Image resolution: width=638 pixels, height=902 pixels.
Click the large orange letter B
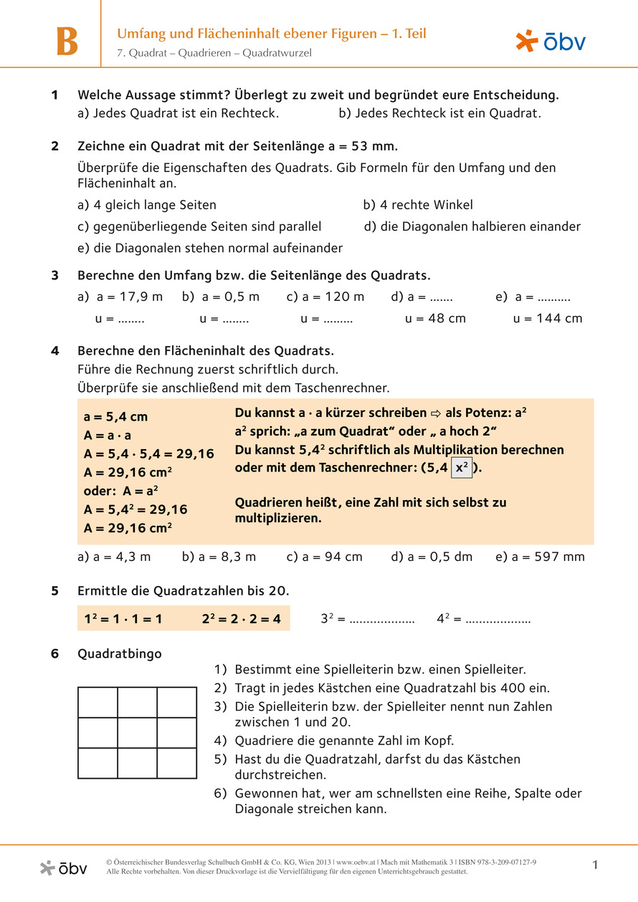(x=67, y=42)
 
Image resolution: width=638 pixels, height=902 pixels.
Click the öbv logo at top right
(x=551, y=42)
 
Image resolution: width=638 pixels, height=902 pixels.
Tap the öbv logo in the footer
(x=64, y=868)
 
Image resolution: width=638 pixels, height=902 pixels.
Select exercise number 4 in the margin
(x=54, y=351)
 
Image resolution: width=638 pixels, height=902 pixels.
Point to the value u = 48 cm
(x=435, y=319)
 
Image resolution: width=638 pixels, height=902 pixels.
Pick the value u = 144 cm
(x=548, y=319)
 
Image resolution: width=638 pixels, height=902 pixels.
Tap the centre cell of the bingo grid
(x=137, y=733)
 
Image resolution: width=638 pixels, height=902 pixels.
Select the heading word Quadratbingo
(x=119, y=653)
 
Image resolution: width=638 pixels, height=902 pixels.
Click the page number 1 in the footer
(x=595, y=865)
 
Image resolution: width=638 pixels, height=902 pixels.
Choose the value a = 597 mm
(x=540, y=557)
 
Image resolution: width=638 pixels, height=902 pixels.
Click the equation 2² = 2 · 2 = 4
(x=241, y=618)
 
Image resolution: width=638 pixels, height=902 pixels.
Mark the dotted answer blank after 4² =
(x=498, y=618)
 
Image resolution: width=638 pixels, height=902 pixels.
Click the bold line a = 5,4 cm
(x=116, y=417)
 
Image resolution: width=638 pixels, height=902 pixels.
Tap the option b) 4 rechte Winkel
(x=418, y=205)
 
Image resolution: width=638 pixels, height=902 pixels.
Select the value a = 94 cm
(x=324, y=557)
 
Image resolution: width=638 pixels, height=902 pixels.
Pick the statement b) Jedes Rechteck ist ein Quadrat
(x=439, y=113)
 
